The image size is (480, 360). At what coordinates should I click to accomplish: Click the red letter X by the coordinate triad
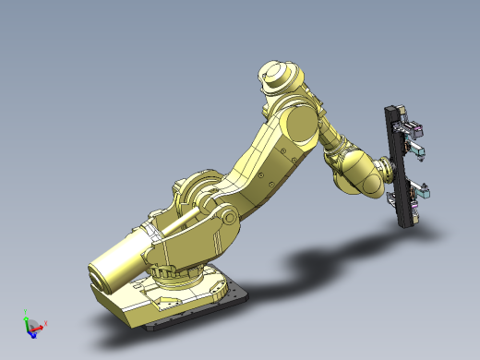[45, 323]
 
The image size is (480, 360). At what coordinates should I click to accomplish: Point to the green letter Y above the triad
[25, 313]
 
